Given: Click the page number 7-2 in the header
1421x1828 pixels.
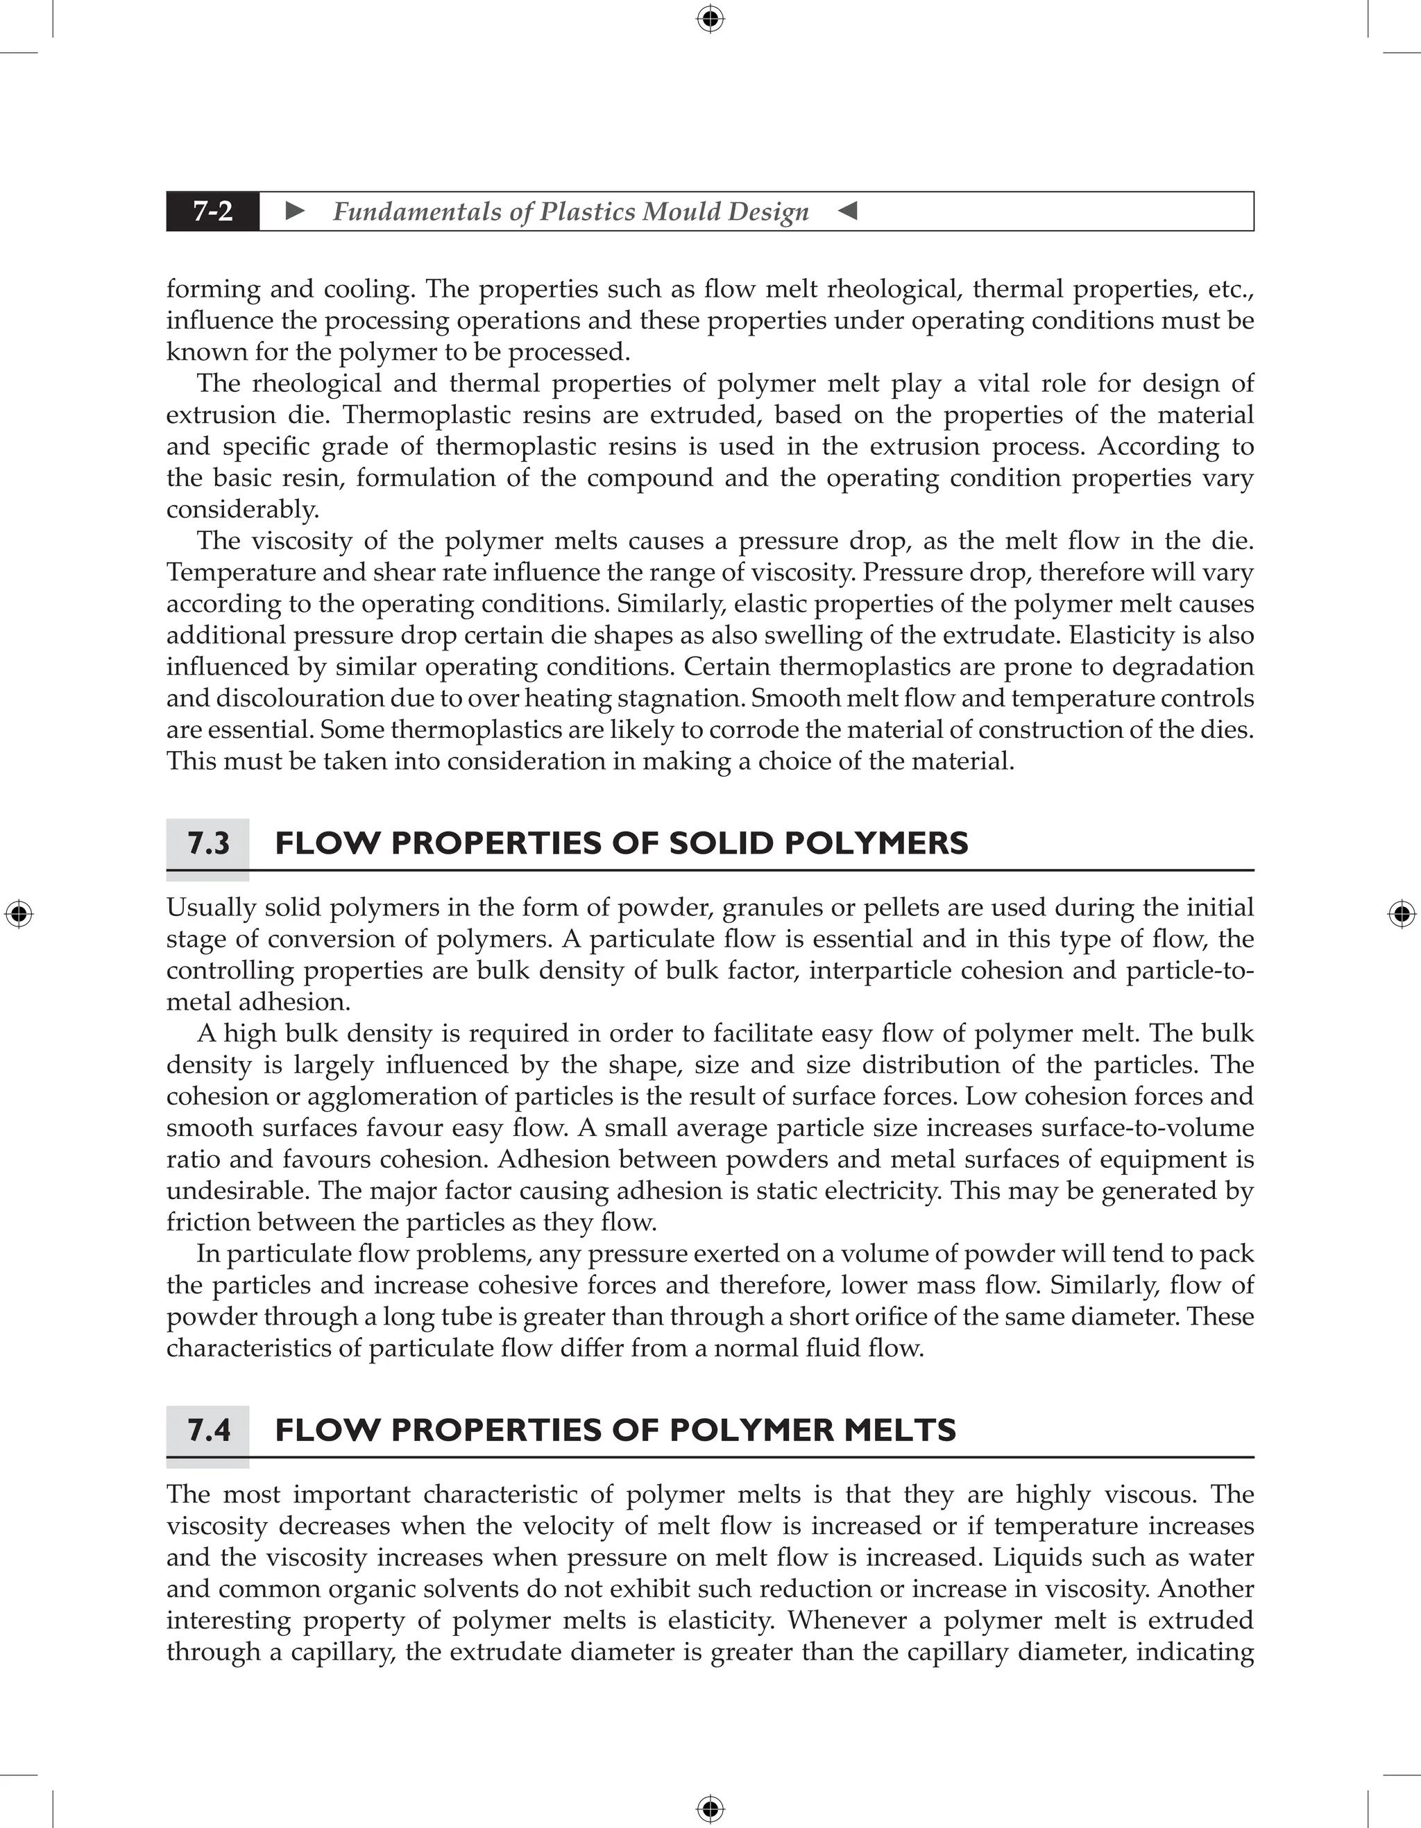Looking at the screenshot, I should click(213, 211).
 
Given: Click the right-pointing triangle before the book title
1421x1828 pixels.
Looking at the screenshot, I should click(295, 211).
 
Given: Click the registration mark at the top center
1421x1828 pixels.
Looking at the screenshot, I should click(710, 19).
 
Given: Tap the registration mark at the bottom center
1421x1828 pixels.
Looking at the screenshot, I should click(710, 1809).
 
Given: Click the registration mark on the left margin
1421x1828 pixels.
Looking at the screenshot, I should click(19, 914).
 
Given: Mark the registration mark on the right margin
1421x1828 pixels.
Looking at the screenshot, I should click(1402, 914).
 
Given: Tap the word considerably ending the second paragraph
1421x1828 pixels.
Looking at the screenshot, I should click(242, 510).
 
